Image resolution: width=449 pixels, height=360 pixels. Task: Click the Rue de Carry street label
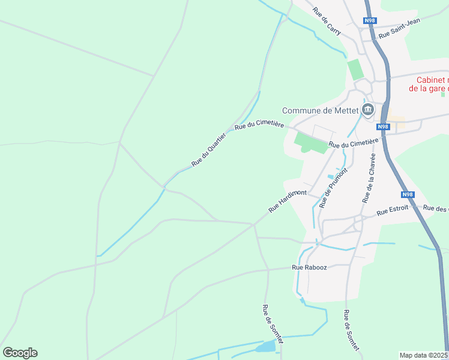coord(327,20)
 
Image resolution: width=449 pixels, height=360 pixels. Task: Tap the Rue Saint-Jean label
coord(400,28)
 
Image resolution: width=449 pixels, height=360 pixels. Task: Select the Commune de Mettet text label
coord(320,110)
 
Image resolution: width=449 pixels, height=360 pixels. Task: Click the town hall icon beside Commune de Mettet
coord(367,110)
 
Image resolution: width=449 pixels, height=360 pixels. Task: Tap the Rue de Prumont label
coord(334,187)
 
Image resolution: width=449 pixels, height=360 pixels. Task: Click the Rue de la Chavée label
coord(369,177)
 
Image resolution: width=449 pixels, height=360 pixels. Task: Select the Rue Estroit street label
coord(393,210)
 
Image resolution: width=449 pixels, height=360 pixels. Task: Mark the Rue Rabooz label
coord(309,267)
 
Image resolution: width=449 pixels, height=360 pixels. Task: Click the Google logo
coord(20,352)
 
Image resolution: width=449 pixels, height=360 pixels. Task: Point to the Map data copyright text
coord(424,355)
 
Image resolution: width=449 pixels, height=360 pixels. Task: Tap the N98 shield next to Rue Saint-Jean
coord(370,21)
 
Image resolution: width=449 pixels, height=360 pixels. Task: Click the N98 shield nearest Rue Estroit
coord(408,194)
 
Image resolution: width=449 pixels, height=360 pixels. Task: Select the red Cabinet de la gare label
coord(429,84)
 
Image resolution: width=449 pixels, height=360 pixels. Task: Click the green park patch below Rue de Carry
coord(356,69)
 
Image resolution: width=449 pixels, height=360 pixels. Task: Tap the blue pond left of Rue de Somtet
coord(266,347)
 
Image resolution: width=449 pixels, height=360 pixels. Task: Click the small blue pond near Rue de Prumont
coord(330,176)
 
